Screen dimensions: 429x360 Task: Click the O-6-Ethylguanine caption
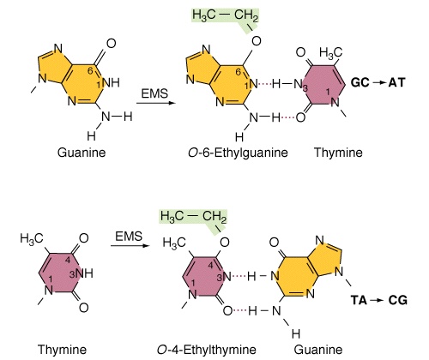238,153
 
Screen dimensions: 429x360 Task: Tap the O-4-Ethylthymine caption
206,350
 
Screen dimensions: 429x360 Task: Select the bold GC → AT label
378,82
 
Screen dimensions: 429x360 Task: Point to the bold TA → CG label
379,300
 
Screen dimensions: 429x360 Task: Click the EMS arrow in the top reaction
156,103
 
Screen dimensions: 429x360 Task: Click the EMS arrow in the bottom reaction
130,245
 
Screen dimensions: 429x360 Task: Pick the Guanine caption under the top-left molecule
82,153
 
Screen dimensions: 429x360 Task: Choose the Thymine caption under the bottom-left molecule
62,350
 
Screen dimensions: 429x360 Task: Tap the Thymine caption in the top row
338,153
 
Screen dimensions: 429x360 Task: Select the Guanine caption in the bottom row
318,350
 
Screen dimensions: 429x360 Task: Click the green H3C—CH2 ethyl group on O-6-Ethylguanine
225,15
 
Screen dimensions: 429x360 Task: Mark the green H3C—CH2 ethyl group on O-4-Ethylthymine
193,217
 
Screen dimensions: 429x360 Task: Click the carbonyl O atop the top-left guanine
111,44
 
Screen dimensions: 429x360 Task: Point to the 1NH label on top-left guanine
108,83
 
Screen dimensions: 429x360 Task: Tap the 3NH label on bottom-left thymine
82,273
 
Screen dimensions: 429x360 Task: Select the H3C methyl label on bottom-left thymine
32,238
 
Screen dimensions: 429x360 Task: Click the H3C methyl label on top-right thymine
330,53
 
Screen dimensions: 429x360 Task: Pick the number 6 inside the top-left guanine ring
90,71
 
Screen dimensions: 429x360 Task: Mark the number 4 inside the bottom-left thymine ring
67,261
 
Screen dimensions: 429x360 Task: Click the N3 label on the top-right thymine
301,84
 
